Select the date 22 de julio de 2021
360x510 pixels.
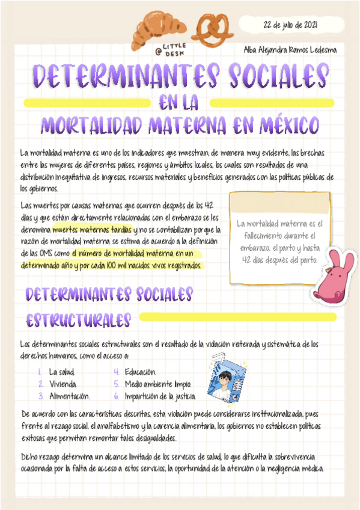coord(291,25)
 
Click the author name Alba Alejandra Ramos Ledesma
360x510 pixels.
coord(290,50)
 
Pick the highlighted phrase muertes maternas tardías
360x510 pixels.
coord(92,229)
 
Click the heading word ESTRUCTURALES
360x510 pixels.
coord(78,319)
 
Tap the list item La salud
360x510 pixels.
coord(62,372)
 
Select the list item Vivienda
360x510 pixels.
coord(63,384)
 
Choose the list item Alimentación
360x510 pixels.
coord(69,396)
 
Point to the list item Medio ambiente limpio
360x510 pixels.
coord(157,384)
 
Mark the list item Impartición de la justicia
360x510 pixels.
coord(160,396)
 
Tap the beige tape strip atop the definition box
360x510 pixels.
coord(279,202)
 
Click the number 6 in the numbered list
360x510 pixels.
coord(116,396)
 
